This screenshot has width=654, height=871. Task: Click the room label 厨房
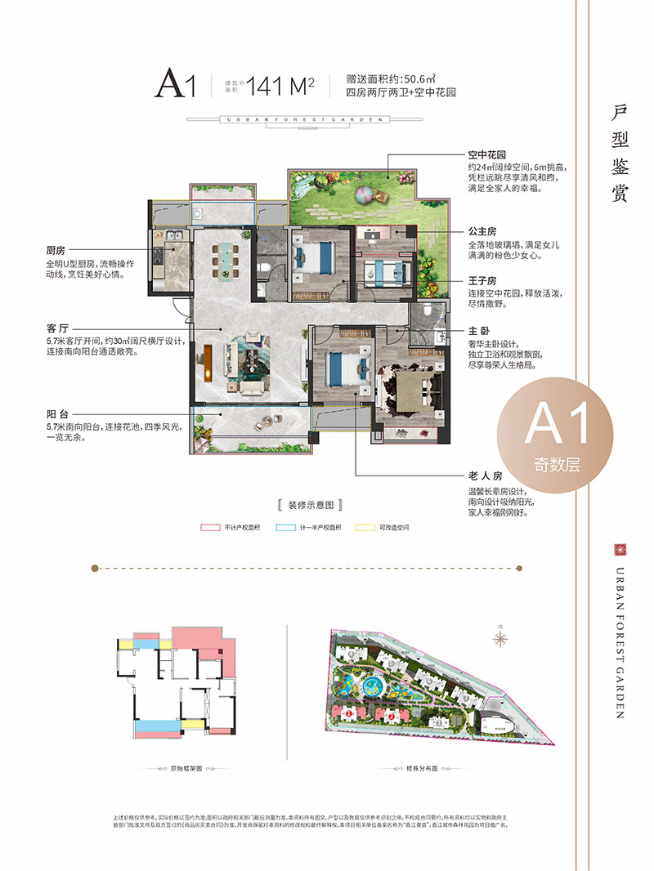[56, 251]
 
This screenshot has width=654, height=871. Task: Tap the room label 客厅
[56, 328]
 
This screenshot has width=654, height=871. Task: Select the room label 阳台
[56, 414]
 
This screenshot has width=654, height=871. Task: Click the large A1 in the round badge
[556, 425]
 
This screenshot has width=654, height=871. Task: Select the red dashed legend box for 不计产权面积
[211, 528]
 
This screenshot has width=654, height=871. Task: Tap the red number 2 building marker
[392, 717]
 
